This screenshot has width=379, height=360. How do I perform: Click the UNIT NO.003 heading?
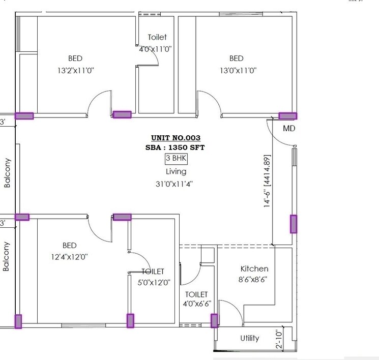[176, 138]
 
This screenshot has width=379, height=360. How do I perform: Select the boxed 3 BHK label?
[176, 159]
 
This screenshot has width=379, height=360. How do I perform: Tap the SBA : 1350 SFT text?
[176, 147]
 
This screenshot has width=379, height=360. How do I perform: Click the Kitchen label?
[254, 268]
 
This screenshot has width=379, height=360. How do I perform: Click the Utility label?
[249, 338]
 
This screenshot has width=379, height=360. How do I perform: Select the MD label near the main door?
[289, 129]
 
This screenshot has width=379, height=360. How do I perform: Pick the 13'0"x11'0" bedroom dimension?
[238, 71]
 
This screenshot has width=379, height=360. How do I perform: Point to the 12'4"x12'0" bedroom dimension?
[69, 257]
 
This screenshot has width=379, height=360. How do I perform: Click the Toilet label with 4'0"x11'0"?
[157, 37]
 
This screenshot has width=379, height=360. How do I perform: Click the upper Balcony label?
[7, 173]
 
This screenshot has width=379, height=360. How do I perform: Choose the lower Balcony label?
[7, 256]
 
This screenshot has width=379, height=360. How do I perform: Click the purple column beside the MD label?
[288, 116]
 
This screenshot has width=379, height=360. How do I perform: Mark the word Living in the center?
[176, 172]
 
